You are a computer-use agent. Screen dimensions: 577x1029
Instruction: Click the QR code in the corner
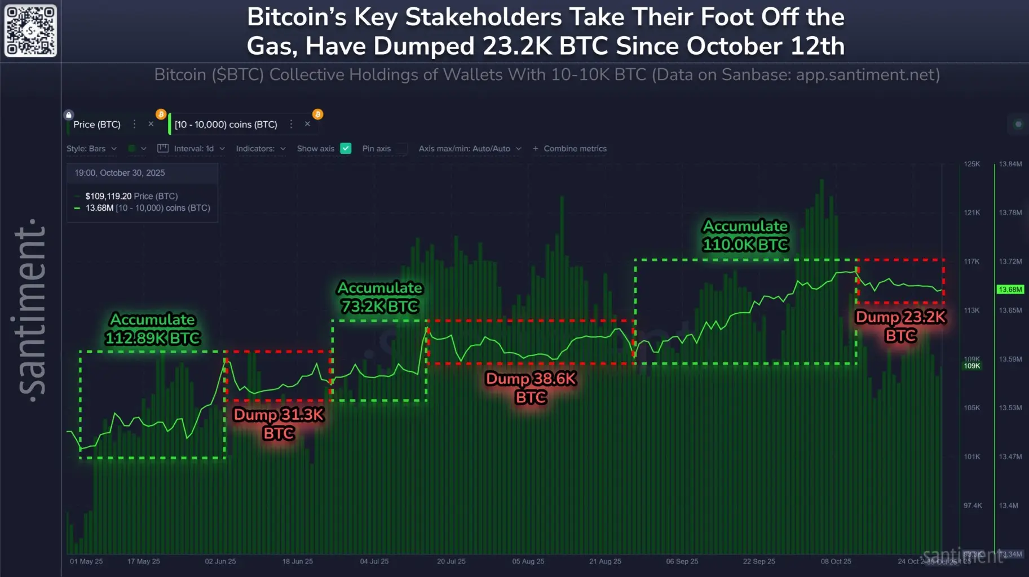pyautogui.click(x=30, y=30)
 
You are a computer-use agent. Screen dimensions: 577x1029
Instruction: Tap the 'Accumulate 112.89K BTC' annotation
pyautogui.click(x=153, y=329)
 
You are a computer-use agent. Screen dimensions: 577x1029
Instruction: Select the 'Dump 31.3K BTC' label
pyautogui.click(x=279, y=424)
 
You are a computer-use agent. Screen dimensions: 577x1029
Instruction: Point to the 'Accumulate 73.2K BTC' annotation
pyautogui.click(x=380, y=297)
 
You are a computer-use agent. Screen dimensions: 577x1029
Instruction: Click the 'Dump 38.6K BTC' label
pyautogui.click(x=531, y=388)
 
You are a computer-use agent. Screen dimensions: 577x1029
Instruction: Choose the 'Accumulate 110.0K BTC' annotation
pyautogui.click(x=745, y=235)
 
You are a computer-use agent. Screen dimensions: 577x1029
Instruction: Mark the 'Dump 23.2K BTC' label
pyautogui.click(x=900, y=326)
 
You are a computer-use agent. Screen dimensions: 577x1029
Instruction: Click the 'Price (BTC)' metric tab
pyautogui.click(x=97, y=125)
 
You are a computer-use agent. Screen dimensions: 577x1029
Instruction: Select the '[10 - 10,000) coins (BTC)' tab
pyautogui.click(x=226, y=125)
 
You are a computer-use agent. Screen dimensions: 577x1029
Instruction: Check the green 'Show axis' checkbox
pyautogui.click(x=346, y=148)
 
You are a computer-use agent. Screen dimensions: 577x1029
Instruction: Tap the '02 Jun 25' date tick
pyautogui.click(x=220, y=561)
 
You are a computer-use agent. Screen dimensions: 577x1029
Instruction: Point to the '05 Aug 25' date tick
pyautogui.click(x=528, y=561)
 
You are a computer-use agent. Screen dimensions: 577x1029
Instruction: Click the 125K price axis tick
pyautogui.click(x=972, y=164)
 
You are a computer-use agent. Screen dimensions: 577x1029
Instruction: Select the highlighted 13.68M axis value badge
pyautogui.click(x=1010, y=290)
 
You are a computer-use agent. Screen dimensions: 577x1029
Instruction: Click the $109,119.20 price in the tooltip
pyautogui.click(x=108, y=196)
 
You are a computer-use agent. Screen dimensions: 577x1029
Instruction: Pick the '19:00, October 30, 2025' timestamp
pyautogui.click(x=120, y=173)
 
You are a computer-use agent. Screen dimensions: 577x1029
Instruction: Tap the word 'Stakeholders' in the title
pyautogui.click(x=483, y=17)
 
